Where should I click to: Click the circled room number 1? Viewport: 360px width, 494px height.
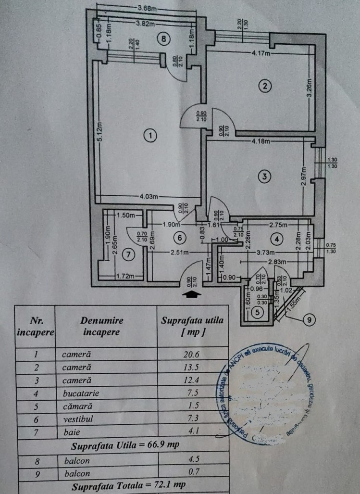click(150, 136)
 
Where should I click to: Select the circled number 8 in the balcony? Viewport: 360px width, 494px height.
click(164, 39)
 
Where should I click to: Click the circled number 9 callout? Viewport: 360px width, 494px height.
click(310, 318)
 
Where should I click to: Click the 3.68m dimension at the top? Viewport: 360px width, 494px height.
click(147, 8)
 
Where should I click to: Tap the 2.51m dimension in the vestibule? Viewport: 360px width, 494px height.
click(179, 252)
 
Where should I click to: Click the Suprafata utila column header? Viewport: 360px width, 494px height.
click(192, 325)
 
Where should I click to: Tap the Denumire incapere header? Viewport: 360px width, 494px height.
click(102, 325)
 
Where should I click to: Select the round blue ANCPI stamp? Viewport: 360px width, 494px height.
click(271, 392)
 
